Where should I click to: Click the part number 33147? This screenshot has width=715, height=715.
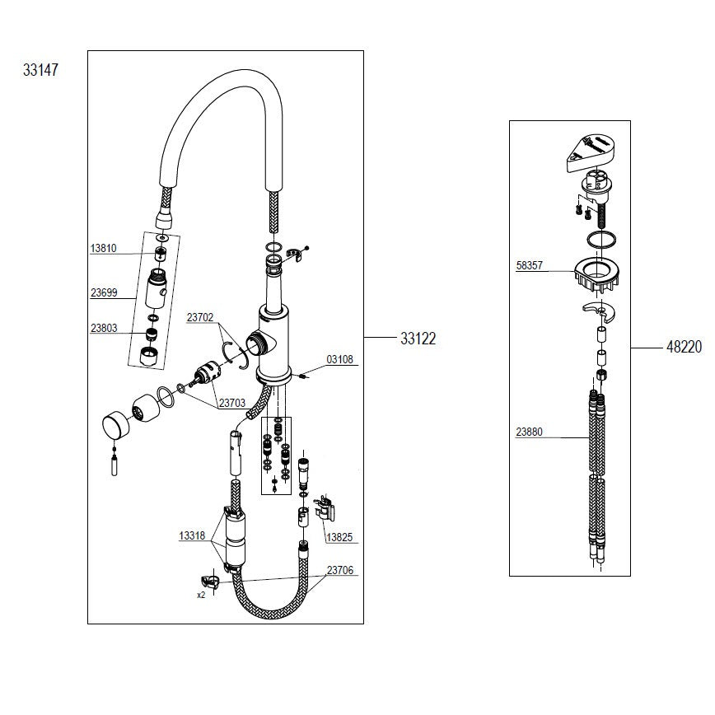(x=40, y=70)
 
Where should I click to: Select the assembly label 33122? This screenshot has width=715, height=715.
(x=418, y=339)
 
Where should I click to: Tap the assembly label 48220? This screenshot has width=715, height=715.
(x=684, y=347)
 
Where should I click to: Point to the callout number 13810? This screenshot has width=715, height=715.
(x=104, y=248)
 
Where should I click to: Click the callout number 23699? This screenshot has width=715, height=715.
(x=104, y=292)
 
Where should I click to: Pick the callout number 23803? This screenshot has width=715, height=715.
(x=104, y=328)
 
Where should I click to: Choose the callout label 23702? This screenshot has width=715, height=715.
(x=200, y=317)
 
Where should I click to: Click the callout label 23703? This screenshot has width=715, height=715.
(x=232, y=403)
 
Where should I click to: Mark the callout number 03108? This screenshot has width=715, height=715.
(x=339, y=359)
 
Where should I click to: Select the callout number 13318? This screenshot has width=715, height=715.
(x=192, y=535)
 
